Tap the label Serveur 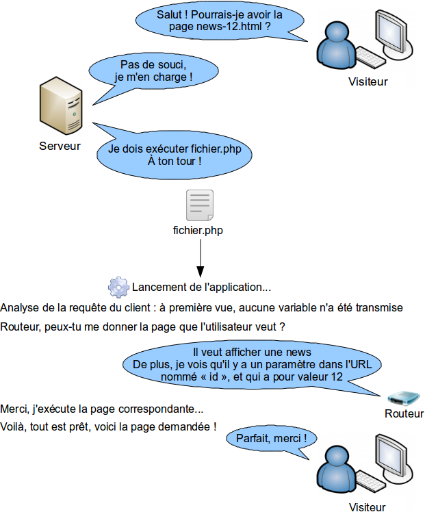(60, 146)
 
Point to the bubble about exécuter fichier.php (175, 155)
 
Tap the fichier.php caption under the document (198, 231)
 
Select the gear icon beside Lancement (118, 286)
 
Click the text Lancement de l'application (201, 287)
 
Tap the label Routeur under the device (404, 413)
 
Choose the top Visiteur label (368, 81)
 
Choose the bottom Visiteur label (368, 507)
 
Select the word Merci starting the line (14, 409)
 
